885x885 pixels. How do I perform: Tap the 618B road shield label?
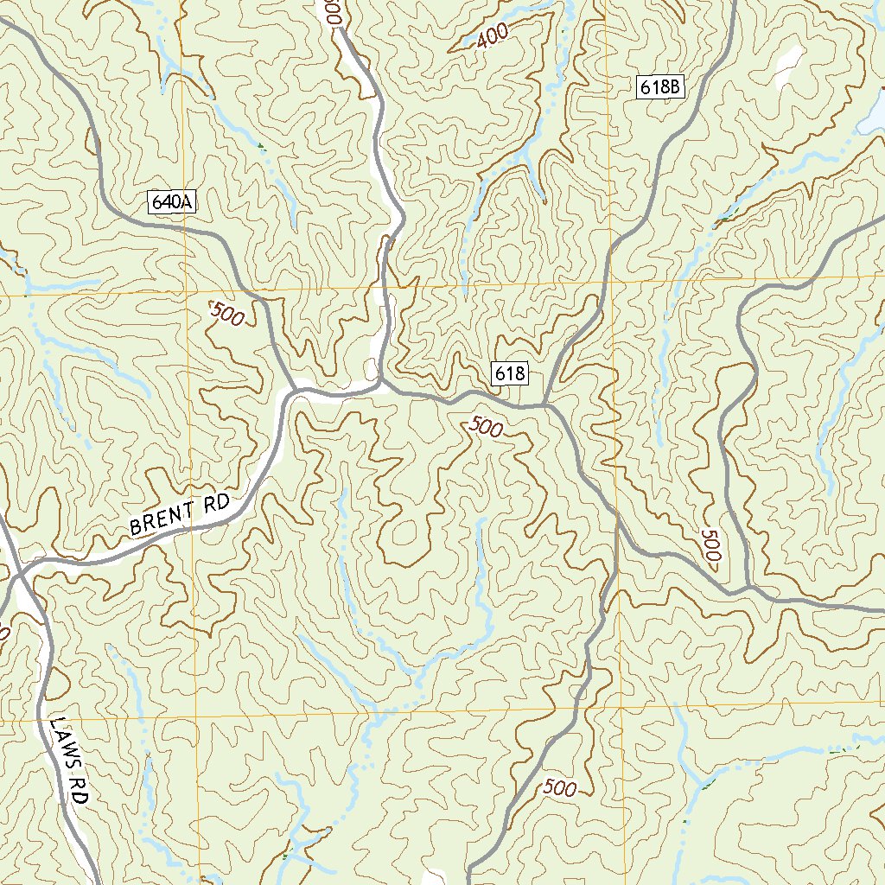(x=662, y=86)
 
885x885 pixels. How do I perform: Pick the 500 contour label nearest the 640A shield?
(x=227, y=314)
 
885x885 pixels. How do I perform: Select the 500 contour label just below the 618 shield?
(x=487, y=427)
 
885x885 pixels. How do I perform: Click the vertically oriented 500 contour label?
(x=711, y=546)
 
